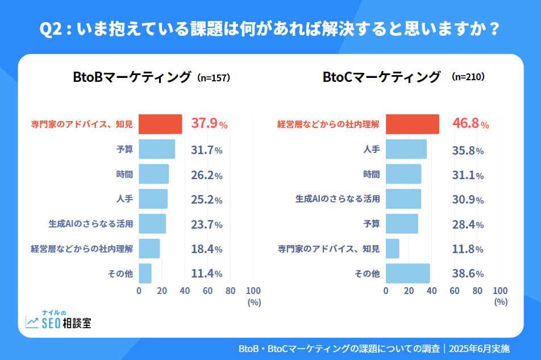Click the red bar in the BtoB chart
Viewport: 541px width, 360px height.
[160, 124]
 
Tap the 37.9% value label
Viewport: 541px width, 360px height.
[209, 124]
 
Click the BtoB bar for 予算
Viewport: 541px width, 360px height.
[157, 150]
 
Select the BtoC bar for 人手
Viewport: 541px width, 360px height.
[406, 150]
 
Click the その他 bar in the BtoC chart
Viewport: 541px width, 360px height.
[407, 274]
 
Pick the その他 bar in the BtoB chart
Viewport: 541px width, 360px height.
[145, 274]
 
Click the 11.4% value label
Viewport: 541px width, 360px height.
[206, 274]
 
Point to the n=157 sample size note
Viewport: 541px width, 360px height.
[213, 78]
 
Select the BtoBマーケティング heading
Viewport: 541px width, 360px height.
[132, 77]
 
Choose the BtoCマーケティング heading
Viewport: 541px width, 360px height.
[381, 77]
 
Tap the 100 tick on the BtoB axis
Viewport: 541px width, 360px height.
[253, 291]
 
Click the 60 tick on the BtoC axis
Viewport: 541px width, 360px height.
[455, 291]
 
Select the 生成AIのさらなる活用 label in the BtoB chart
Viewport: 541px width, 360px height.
[91, 224]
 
